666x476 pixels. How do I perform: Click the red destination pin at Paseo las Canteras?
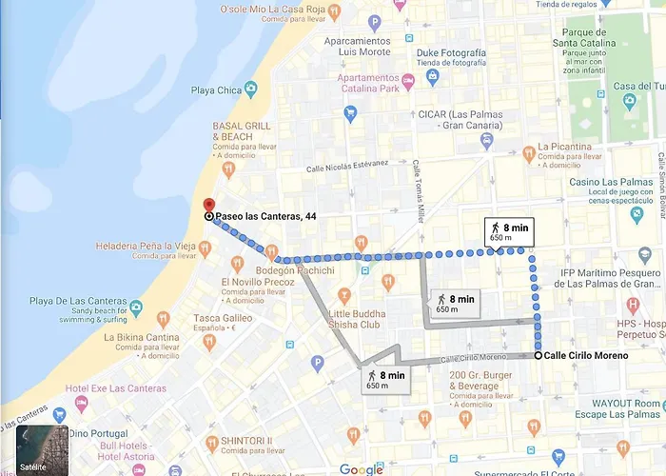click(209, 206)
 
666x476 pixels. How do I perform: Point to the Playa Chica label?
click(216, 89)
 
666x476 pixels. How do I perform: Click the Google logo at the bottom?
click(361, 468)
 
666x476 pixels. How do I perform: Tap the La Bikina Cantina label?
click(142, 337)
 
